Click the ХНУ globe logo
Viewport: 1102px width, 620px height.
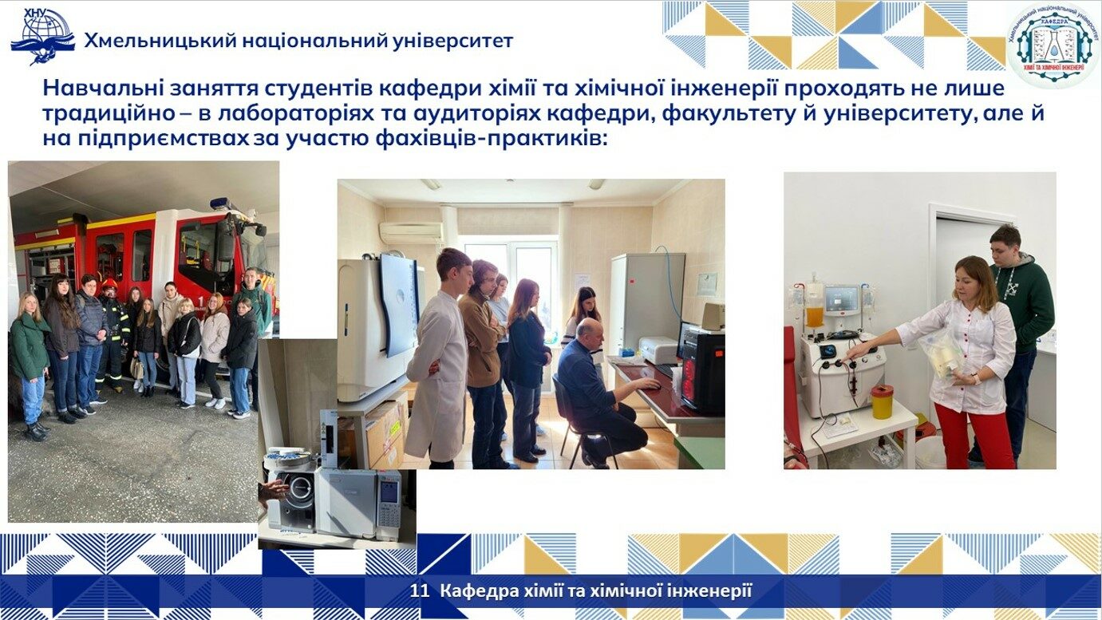click(x=42, y=36)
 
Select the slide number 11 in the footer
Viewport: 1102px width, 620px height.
click(x=420, y=590)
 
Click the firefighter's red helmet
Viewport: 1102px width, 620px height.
click(x=109, y=283)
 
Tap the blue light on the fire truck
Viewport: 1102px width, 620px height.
click(x=221, y=203)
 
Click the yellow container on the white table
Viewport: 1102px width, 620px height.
click(x=882, y=401)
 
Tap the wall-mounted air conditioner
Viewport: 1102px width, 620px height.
click(x=411, y=232)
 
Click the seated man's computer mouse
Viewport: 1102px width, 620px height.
click(x=653, y=386)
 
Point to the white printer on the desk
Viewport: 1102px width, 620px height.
click(x=658, y=349)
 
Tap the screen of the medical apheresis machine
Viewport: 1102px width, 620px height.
click(x=842, y=299)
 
